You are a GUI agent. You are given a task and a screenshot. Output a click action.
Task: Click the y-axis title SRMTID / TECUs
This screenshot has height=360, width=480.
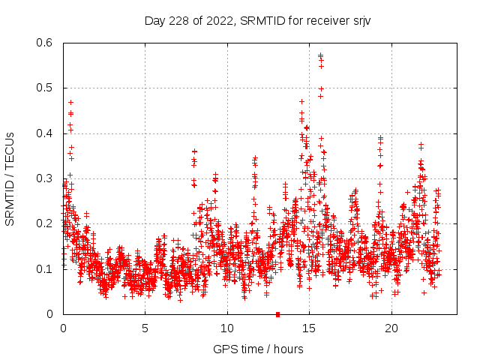10,178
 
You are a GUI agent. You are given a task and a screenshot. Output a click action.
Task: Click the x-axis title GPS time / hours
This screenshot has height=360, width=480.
258,349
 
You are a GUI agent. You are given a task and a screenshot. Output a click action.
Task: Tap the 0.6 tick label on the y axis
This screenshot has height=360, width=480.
46,43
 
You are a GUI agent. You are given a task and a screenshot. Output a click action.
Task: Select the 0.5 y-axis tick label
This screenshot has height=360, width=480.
46,88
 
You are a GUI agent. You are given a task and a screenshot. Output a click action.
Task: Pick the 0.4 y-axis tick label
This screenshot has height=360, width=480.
46,133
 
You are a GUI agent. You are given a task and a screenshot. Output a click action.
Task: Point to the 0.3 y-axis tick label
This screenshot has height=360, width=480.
46,178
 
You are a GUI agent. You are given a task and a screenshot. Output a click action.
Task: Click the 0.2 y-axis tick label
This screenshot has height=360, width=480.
46,223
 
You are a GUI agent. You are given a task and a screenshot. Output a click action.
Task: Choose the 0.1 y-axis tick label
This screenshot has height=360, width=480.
46,268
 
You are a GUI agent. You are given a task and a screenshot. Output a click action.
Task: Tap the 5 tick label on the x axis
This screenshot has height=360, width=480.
145,328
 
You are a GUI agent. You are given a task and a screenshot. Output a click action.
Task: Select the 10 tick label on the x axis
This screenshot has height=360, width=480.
227,328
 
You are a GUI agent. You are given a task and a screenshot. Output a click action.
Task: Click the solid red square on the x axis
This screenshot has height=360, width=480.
277,314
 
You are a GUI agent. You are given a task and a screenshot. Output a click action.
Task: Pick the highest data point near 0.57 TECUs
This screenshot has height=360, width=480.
320,55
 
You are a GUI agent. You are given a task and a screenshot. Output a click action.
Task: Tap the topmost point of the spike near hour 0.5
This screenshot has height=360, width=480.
70,102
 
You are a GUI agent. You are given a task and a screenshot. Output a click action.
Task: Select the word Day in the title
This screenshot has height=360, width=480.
154,21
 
